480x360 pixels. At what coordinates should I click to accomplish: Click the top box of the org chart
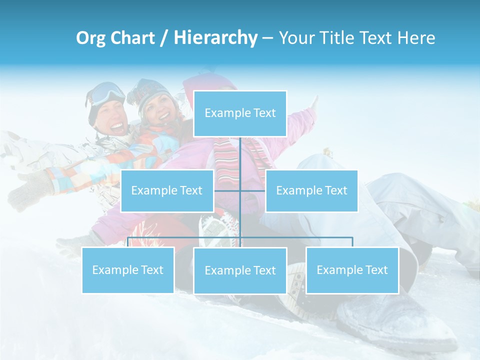coord(240,113)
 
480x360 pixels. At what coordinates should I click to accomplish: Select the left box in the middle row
coord(167,190)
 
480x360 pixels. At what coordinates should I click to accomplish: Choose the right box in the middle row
coord(311,190)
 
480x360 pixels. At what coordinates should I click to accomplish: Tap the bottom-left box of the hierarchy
coord(128,270)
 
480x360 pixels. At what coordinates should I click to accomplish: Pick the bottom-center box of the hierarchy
coord(240,270)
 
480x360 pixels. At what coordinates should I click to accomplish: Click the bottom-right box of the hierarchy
coord(352,270)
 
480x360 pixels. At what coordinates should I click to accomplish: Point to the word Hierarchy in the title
coord(215,38)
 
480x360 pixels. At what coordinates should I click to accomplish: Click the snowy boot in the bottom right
coord(395,320)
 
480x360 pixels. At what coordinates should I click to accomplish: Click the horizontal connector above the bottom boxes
coord(300,237)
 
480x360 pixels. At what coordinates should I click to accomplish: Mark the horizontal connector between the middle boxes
coord(227,190)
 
